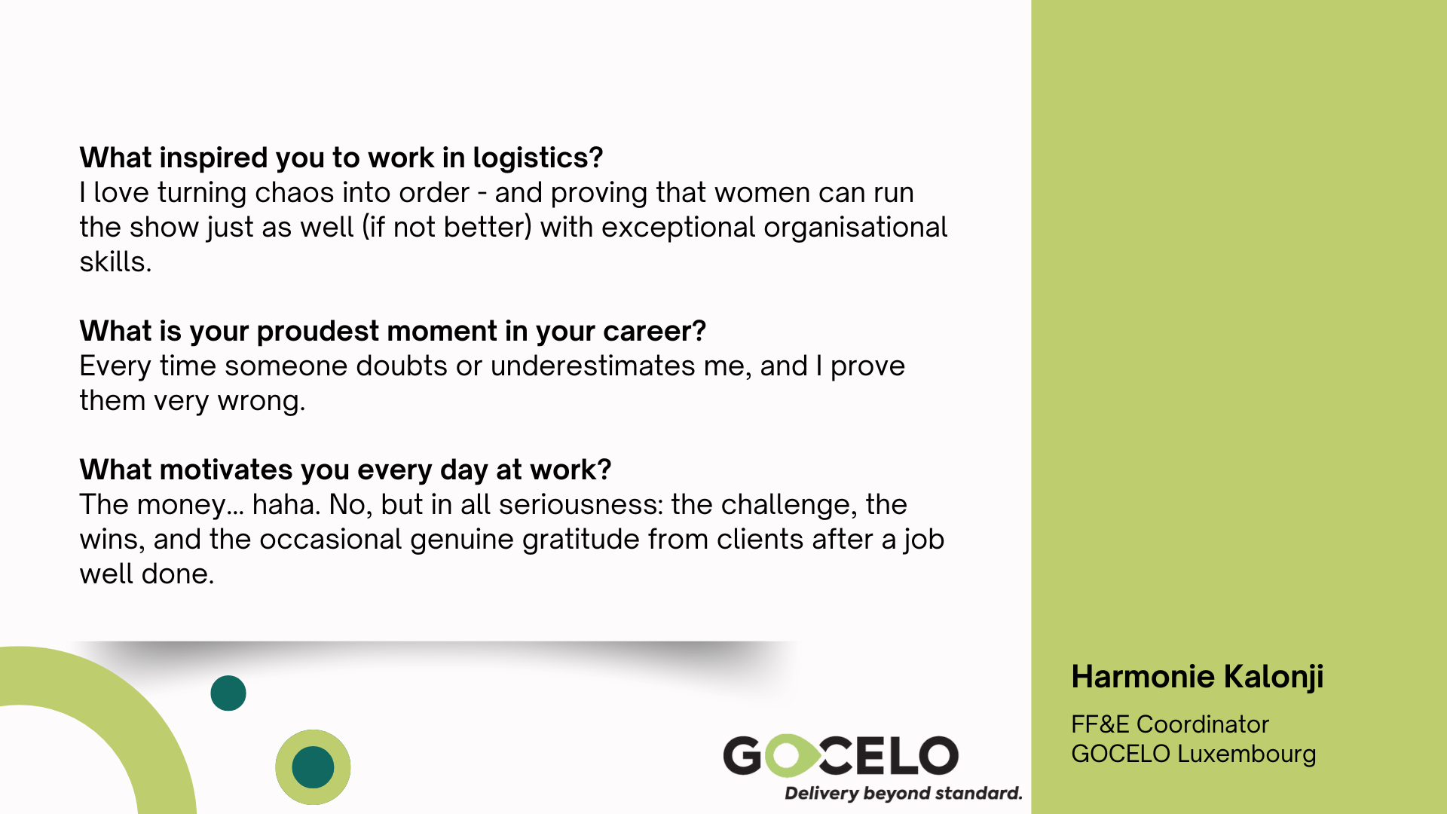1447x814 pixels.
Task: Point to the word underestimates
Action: tap(593, 366)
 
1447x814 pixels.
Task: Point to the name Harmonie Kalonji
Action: tap(1198, 678)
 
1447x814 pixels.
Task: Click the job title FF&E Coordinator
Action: tap(1170, 724)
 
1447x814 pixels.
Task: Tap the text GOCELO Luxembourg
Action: tap(1194, 754)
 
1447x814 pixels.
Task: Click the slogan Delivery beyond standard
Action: tap(904, 794)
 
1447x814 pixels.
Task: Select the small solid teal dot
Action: tap(228, 693)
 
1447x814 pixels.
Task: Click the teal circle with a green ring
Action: tap(313, 767)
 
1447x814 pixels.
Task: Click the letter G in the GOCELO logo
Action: tap(743, 756)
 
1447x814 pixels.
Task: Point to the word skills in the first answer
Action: tap(115, 262)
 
